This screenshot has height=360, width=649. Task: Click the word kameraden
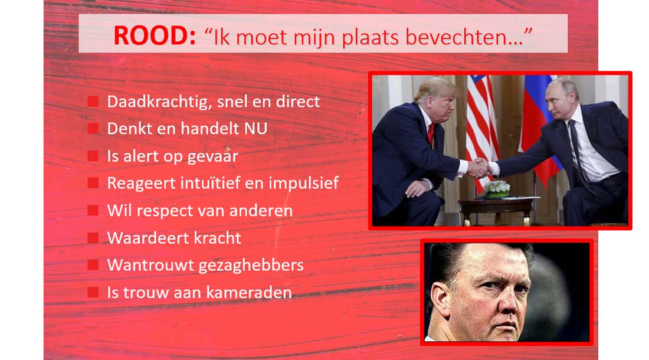[249, 293]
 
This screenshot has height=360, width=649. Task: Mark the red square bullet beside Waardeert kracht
[93, 237]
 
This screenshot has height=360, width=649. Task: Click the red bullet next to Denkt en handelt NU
[93, 128]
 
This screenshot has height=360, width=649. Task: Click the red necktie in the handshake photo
[431, 134]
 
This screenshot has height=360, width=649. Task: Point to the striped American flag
[482, 128]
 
